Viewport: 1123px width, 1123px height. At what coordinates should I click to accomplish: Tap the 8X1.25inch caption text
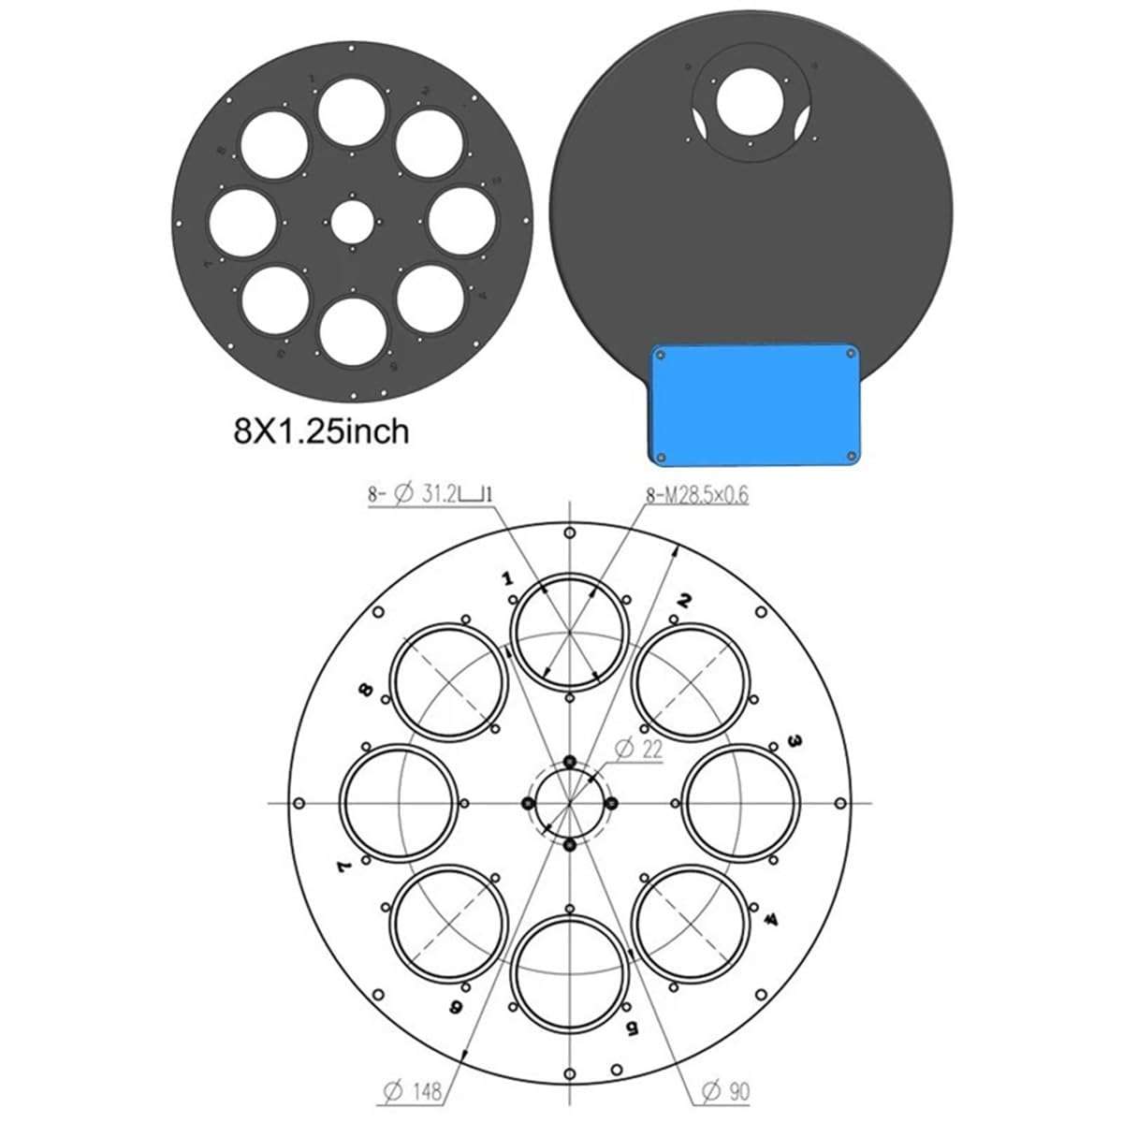click(321, 431)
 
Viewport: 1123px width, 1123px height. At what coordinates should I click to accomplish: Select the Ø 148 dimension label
click(413, 1090)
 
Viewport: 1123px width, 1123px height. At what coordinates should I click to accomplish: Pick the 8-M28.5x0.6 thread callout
click(697, 495)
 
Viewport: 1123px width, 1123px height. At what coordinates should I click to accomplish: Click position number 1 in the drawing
click(508, 579)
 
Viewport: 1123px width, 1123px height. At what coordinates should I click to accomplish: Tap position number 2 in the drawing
click(685, 601)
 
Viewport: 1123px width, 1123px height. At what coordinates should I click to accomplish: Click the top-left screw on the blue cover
click(660, 355)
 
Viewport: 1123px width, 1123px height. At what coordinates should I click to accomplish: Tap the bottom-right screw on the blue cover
click(851, 457)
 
